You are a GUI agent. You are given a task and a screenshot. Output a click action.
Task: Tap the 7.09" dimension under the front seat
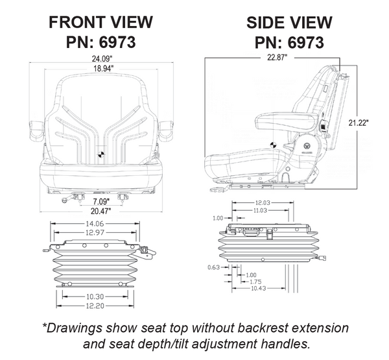coord(100,201)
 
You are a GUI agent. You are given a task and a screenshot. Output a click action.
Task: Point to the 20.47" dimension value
coord(100,211)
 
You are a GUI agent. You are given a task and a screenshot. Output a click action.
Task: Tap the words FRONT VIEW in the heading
coord(101,23)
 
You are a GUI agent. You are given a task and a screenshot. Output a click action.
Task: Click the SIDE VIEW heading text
coord(289,23)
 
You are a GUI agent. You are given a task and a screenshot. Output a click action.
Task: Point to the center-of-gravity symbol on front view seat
coord(101,154)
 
